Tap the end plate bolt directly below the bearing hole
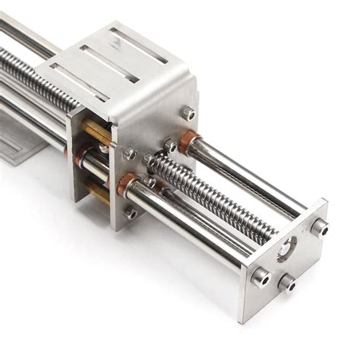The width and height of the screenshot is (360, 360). [287, 283]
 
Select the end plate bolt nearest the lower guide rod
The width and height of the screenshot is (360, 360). [261, 276]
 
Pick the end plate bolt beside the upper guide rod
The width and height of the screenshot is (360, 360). [319, 226]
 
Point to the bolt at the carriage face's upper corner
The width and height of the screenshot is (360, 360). [187, 113]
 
